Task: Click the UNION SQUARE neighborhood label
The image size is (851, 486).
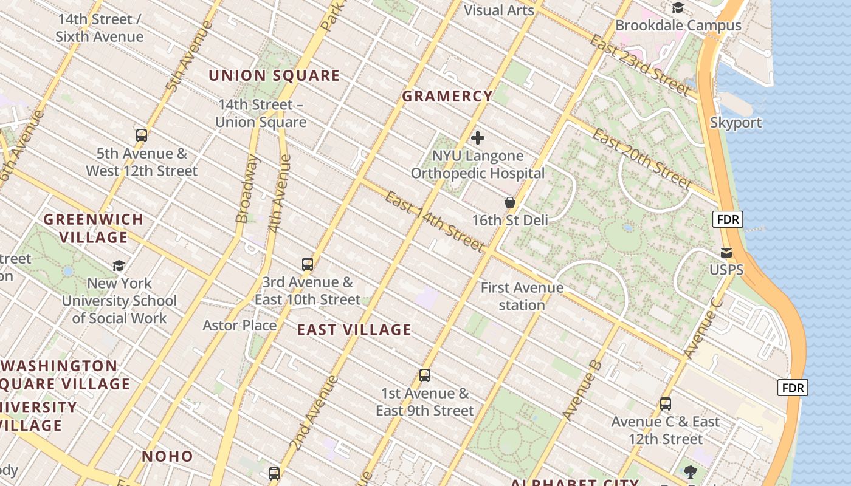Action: [x=274, y=75]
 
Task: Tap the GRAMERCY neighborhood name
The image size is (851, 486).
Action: [x=447, y=96]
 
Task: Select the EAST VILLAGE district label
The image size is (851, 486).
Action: [x=354, y=330]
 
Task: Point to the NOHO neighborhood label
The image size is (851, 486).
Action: [x=167, y=456]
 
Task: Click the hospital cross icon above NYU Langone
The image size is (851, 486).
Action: [x=478, y=138]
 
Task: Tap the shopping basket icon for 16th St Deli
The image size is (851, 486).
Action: [x=510, y=202]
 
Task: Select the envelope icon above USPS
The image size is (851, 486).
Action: [x=726, y=252]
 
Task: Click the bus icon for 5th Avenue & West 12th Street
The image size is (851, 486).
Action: [x=142, y=135]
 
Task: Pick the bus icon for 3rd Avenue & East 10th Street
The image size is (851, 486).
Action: [x=308, y=264]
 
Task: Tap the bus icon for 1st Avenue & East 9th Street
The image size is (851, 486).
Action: [x=425, y=375]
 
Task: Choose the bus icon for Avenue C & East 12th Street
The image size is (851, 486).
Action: [x=666, y=404]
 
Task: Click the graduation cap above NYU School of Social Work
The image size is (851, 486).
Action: [x=119, y=265]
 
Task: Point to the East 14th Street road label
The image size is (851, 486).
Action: [x=435, y=222]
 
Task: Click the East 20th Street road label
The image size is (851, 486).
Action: [x=642, y=159]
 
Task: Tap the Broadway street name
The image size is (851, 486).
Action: [x=247, y=189]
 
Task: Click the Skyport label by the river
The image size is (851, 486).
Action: [x=736, y=123]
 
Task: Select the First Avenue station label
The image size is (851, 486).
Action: [x=522, y=296]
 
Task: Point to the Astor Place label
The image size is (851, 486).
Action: [x=239, y=326]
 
